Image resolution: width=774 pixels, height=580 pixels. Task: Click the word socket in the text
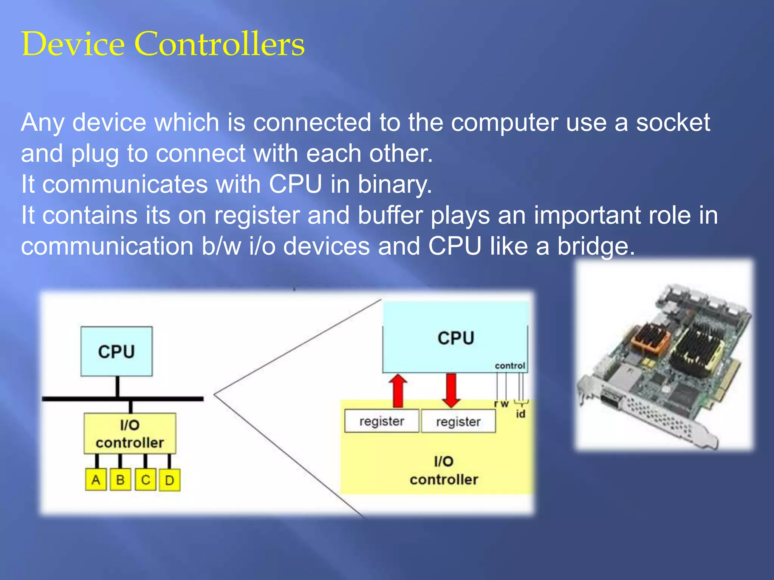click(x=673, y=123)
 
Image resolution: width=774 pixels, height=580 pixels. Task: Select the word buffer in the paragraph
click(x=390, y=216)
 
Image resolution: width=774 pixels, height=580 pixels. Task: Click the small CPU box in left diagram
click(x=116, y=351)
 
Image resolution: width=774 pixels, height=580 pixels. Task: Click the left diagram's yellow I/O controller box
click(x=130, y=433)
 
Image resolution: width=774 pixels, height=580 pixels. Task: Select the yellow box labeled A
click(x=96, y=480)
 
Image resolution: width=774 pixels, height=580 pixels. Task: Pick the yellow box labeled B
click(x=120, y=480)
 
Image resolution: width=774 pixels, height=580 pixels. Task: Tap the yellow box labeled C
click(x=146, y=480)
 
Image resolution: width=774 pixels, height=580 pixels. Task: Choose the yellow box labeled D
click(x=169, y=480)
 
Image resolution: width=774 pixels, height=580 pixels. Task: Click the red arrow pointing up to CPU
click(x=398, y=390)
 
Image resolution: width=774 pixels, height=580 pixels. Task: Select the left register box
click(x=382, y=421)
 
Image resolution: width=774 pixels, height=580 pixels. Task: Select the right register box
click(x=458, y=421)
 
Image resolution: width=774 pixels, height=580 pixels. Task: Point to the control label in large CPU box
click(x=510, y=366)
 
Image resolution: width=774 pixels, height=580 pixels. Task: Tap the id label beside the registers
click(x=520, y=414)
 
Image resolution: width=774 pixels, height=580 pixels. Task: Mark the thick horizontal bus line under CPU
click(x=123, y=399)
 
